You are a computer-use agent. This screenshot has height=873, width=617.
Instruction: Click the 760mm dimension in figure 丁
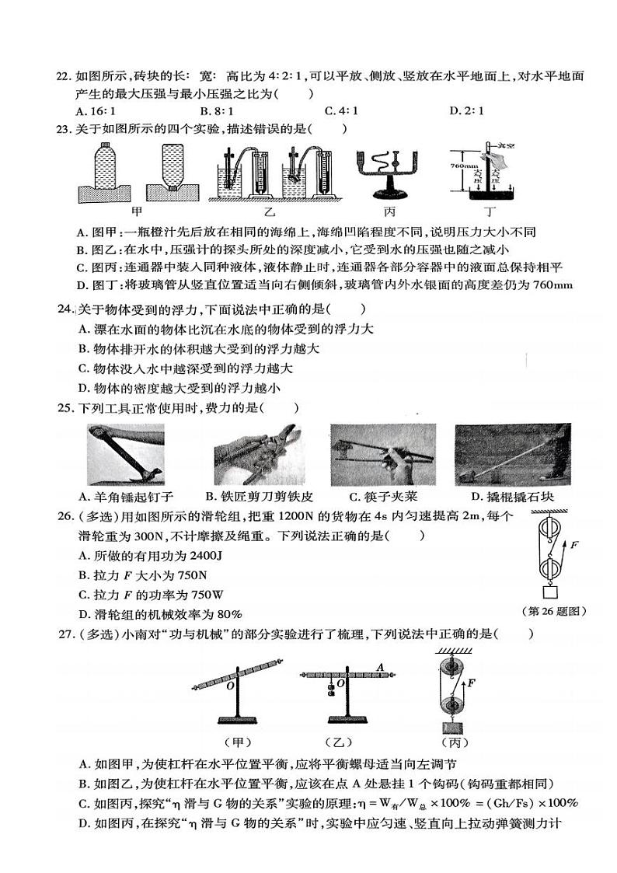(x=463, y=166)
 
